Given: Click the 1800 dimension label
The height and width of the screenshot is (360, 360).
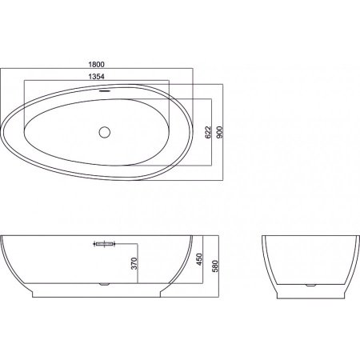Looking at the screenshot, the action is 97,64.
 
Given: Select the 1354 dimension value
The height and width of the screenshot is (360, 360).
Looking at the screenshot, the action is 96,77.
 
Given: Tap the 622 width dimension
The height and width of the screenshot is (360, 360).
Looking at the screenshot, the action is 208,132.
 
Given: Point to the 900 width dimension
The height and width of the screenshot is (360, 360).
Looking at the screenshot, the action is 219,132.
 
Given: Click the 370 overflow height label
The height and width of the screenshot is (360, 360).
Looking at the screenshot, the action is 134,263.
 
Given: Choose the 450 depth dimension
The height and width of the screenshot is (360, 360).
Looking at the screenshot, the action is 199,259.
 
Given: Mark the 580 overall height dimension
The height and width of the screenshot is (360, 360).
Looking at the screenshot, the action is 215,266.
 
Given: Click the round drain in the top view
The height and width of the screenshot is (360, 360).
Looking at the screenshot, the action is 105,132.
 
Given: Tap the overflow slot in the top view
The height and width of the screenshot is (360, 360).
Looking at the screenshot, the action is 105,90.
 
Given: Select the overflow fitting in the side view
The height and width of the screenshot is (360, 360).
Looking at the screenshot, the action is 104,244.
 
